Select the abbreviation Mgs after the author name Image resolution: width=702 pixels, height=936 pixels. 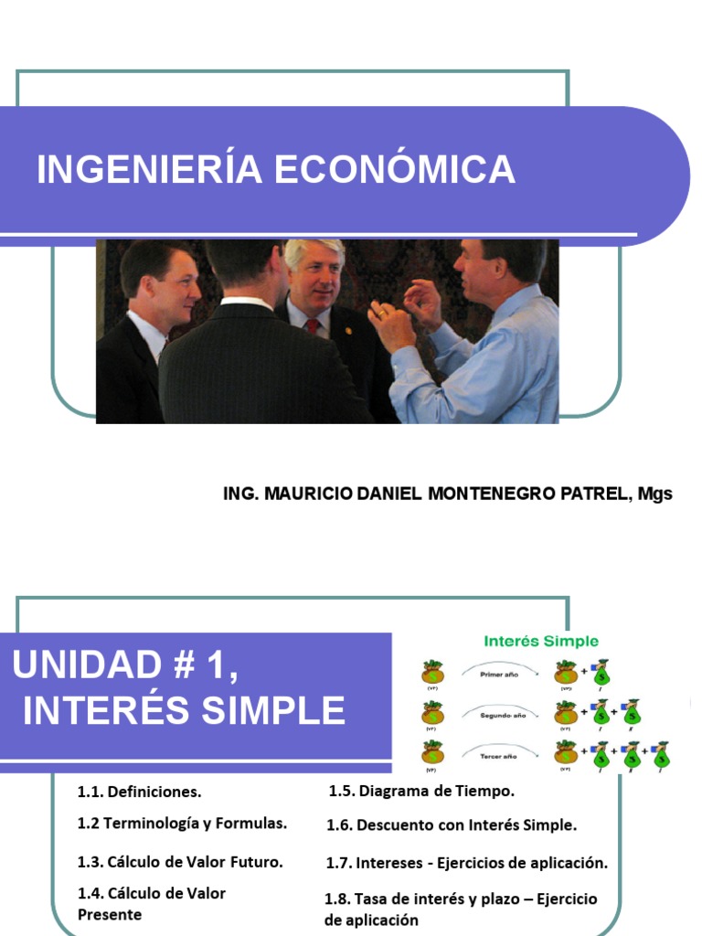[655, 494]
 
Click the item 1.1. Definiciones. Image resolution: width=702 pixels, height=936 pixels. [140, 792]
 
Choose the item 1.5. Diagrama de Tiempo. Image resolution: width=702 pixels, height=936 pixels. [421, 791]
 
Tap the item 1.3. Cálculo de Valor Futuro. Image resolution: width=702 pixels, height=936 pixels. [180, 861]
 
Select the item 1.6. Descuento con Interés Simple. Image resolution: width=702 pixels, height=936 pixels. [452, 825]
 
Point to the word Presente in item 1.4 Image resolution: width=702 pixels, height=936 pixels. [110, 914]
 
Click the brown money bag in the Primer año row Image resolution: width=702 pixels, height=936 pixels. [432, 673]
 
